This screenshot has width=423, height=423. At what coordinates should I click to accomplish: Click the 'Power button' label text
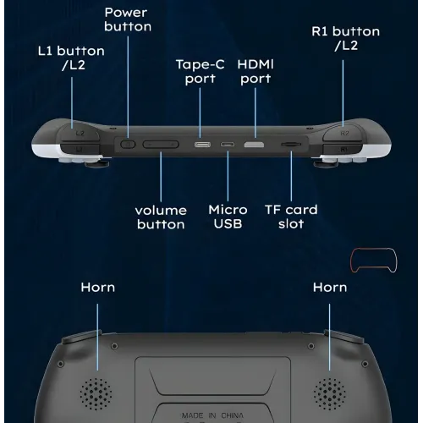click(128, 19)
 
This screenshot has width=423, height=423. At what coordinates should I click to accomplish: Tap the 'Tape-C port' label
click(201, 71)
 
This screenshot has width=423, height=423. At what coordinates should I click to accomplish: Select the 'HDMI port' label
click(255, 71)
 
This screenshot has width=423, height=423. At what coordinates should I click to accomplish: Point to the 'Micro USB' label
click(228, 217)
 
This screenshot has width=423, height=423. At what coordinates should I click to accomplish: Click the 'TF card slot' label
click(291, 217)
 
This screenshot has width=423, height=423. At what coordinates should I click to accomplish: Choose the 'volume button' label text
click(161, 217)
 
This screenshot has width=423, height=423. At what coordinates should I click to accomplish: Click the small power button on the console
click(128, 145)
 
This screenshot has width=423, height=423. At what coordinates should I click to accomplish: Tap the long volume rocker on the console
click(161, 145)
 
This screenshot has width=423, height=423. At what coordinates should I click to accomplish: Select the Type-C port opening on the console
click(202, 145)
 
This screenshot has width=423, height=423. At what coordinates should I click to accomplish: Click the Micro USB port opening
click(228, 145)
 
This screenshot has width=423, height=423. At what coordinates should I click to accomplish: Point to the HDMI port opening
click(254, 145)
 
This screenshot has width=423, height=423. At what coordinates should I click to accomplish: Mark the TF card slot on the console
click(291, 145)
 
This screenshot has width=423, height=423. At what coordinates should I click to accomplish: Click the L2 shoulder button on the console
click(80, 132)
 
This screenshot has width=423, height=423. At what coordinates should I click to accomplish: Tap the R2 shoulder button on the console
click(343, 132)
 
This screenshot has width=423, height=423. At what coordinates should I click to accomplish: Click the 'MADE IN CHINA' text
click(212, 415)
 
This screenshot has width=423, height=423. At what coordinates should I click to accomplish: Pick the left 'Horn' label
click(98, 288)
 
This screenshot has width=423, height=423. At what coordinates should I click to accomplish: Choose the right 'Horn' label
click(330, 288)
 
